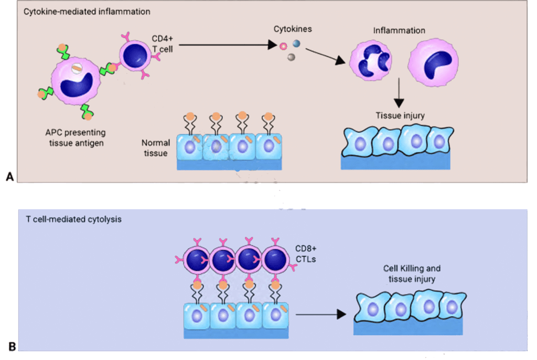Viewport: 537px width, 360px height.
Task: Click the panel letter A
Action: pos(9,178)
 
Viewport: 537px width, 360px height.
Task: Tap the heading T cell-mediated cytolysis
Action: pos(73,219)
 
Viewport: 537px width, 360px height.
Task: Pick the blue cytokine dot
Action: pos(296,45)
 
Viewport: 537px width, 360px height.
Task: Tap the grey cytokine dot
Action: pos(291,57)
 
